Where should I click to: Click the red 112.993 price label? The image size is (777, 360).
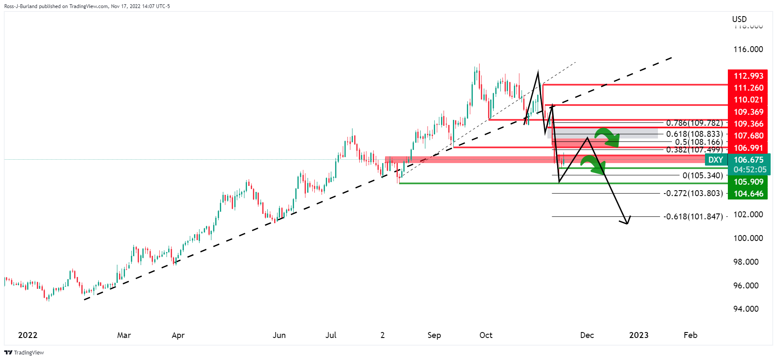point(748,76)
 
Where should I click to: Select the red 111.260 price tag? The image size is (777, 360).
point(748,88)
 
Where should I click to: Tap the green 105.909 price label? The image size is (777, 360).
point(748,182)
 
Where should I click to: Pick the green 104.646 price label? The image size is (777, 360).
point(748,194)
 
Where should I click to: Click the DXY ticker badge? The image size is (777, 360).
point(716,160)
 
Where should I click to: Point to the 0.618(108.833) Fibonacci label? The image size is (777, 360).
point(694,134)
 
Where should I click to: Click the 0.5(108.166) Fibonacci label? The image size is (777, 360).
point(699,142)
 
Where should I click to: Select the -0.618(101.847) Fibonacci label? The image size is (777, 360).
point(693,216)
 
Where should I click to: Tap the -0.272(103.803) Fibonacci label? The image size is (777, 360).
point(693,193)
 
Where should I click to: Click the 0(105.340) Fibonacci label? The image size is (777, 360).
point(702,175)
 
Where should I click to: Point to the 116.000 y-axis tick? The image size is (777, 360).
point(748,49)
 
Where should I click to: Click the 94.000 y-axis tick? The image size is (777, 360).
point(746,309)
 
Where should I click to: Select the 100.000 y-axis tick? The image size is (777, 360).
point(748,238)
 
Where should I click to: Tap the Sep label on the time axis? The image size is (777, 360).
point(434,335)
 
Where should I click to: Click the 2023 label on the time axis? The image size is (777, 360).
point(638,335)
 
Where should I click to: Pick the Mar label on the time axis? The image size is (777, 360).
point(124,335)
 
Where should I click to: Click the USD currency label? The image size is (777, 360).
point(739,19)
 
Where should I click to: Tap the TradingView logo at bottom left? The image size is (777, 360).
point(24,352)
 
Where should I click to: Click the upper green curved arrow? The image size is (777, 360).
point(607,136)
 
